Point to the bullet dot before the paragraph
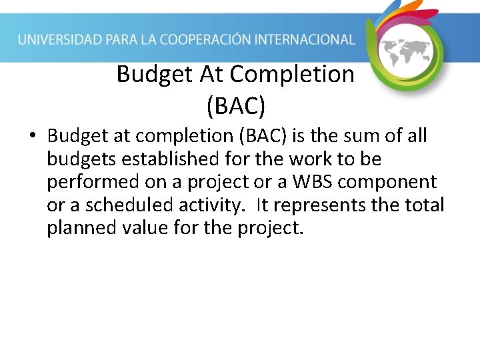pyautogui.click(x=32, y=137)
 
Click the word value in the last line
pyautogui.click(x=144, y=228)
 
